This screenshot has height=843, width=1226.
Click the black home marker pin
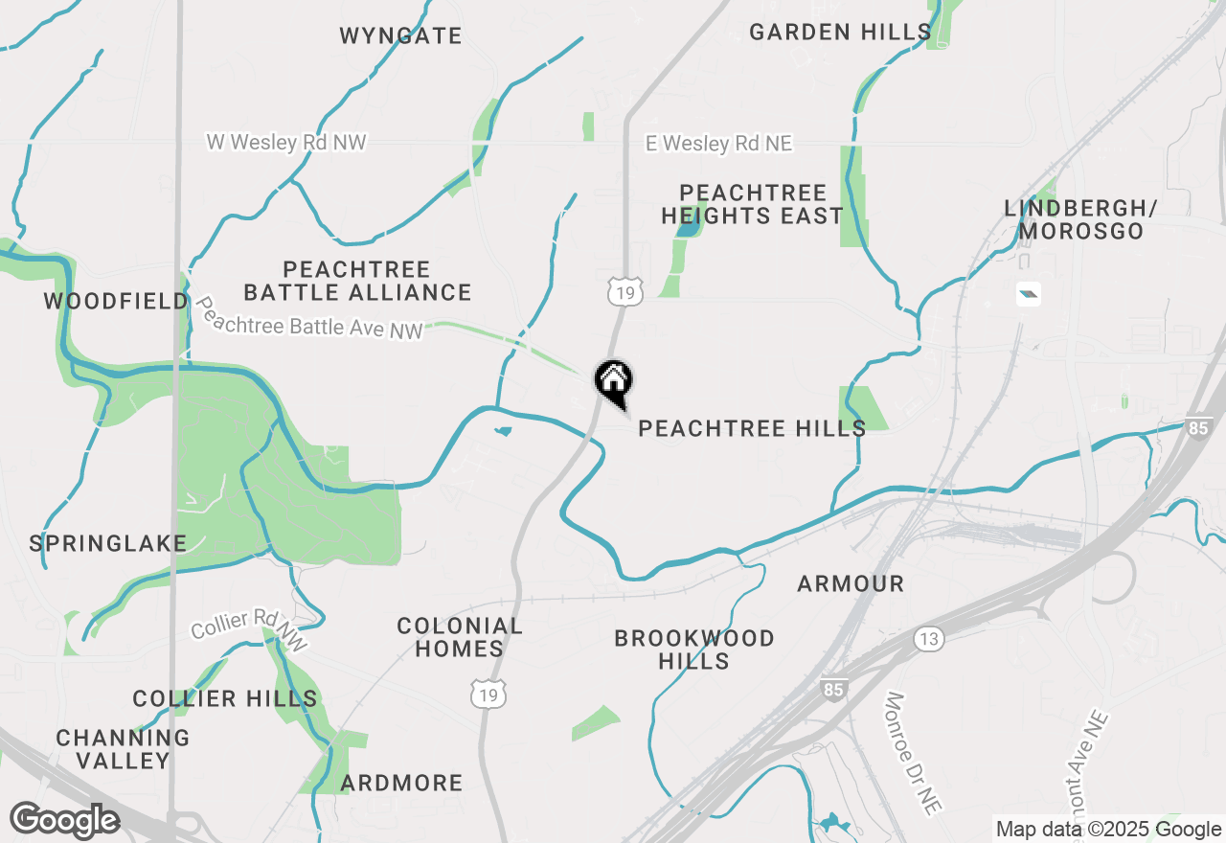coord(613,381)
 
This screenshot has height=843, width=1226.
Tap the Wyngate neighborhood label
coord(400,36)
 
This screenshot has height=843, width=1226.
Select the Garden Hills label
coord(840,32)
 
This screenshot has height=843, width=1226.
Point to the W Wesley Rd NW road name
coord(286,142)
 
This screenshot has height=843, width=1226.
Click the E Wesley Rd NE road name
coord(719,144)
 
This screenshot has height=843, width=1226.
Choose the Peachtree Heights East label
coord(752,205)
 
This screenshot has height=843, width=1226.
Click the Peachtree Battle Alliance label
coord(357,281)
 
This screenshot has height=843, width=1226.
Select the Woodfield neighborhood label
coord(116,302)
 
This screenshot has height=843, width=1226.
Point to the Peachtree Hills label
coord(752,428)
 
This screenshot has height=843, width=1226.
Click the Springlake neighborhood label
coord(108,544)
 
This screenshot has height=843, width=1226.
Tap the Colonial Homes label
coord(460,637)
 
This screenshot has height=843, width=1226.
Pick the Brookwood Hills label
coord(694,649)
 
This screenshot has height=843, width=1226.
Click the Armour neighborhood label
coord(851,583)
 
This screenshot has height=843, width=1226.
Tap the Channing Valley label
coord(123,749)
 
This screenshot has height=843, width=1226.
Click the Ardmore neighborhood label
coord(401,783)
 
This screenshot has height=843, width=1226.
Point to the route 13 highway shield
coord(928,639)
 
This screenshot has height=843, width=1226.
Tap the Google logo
coord(65,820)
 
